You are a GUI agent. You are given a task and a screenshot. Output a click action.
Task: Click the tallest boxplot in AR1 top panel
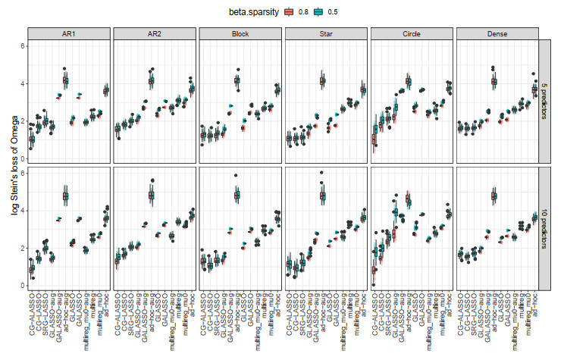click(x=65, y=80)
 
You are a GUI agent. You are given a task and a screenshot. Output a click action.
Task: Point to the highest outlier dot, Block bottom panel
click(x=237, y=175)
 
